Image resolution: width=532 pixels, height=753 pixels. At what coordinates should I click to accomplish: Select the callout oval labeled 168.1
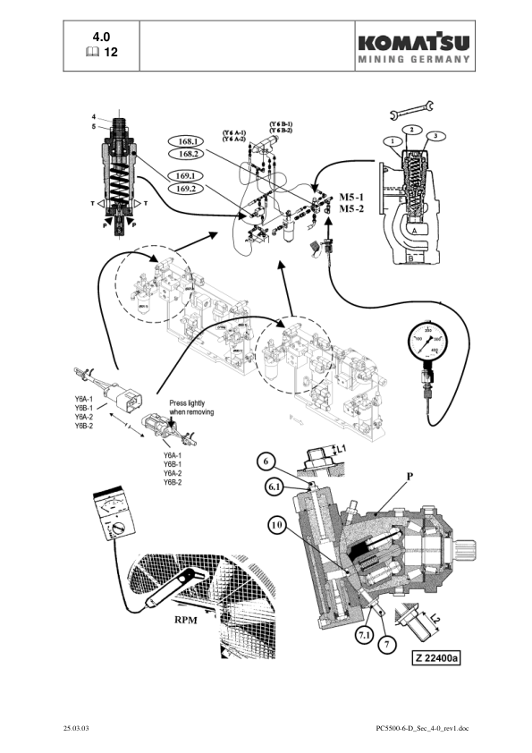tap(189, 141)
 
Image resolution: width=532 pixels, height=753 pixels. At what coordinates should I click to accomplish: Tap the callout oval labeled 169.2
tap(189, 189)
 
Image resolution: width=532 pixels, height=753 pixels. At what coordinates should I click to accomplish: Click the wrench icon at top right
tap(412, 110)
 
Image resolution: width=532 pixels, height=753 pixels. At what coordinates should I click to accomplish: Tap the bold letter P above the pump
tap(410, 477)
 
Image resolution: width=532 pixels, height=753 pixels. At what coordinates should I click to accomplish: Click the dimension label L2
tap(435, 619)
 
